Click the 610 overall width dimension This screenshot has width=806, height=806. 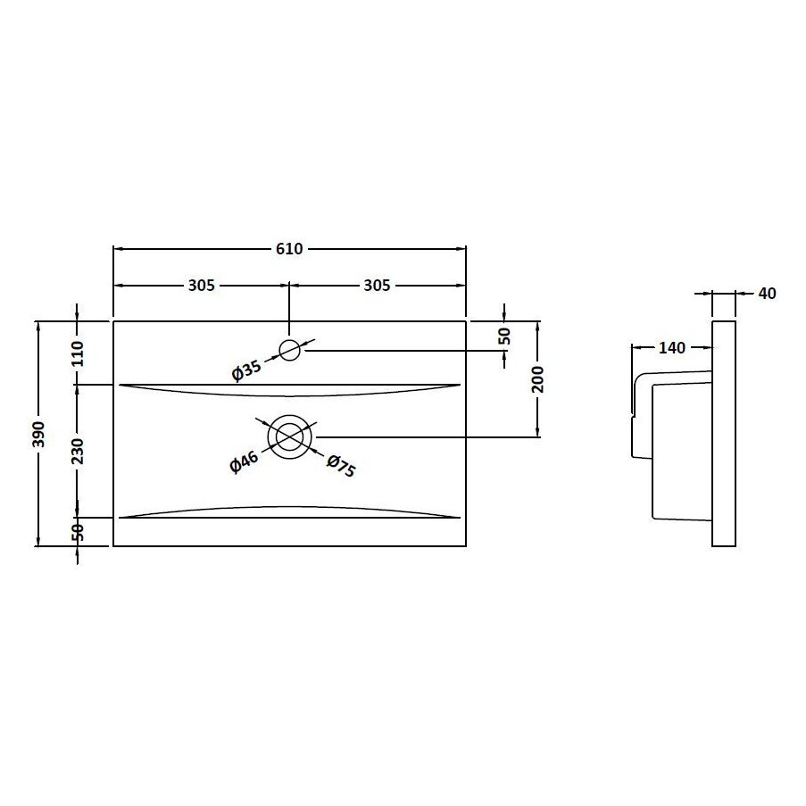(289, 249)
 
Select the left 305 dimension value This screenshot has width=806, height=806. (202, 286)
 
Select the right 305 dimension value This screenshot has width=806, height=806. (377, 286)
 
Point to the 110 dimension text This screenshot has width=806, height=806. (77, 354)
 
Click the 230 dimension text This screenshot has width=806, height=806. (77, 451)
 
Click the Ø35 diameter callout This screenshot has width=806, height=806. (245, 370)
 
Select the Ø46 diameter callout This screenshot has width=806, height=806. (244, 462)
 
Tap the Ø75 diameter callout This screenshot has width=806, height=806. (341, 465)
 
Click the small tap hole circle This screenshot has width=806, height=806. (290, 350)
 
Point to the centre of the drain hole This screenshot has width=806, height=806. (289, 437)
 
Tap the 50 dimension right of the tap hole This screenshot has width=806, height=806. (504, 337)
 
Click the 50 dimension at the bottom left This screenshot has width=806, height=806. (77, 530)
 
